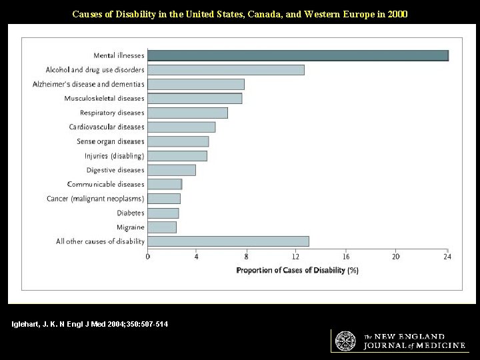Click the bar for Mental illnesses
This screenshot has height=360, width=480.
pyautogui.click(x=297, y=55)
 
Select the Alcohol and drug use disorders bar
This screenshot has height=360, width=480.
pyautogui.click(x=225, y=70)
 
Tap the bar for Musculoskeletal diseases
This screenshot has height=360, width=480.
pyautogui.click(x=194, y=99)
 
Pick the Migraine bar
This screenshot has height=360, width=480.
pyautogui.click(x=161, y=227)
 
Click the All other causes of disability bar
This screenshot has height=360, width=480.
pyautogui.click(x=227, y=241)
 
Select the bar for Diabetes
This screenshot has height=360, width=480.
pyautogui.click(x=163, y=213)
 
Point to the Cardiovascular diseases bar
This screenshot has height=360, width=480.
pyautogui.click(x=181, y=127)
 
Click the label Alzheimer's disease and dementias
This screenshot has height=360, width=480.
pyautogui.click(x=88, y=84)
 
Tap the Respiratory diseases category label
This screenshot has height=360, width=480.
pyautogui.click(x=111, y=113)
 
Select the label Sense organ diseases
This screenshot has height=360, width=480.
pyautogui.click(x=110, y=141)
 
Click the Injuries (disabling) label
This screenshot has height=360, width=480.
pyautogui.click(x=114, y=156)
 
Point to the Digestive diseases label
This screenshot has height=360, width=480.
pyautogui.click(x=115, y=170)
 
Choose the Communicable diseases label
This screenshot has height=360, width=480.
pyautogui.click(x=106, y=184)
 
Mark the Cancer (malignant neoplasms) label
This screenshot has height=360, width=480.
pyautogui.click(x=95, y=199)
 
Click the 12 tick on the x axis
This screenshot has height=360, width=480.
pyautogui.click(x=297, y=257)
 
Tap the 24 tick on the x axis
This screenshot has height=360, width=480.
pyautogui.click(x=447, y=257)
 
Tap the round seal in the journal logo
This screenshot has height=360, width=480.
pyautogui.click(x=345, y=340)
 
